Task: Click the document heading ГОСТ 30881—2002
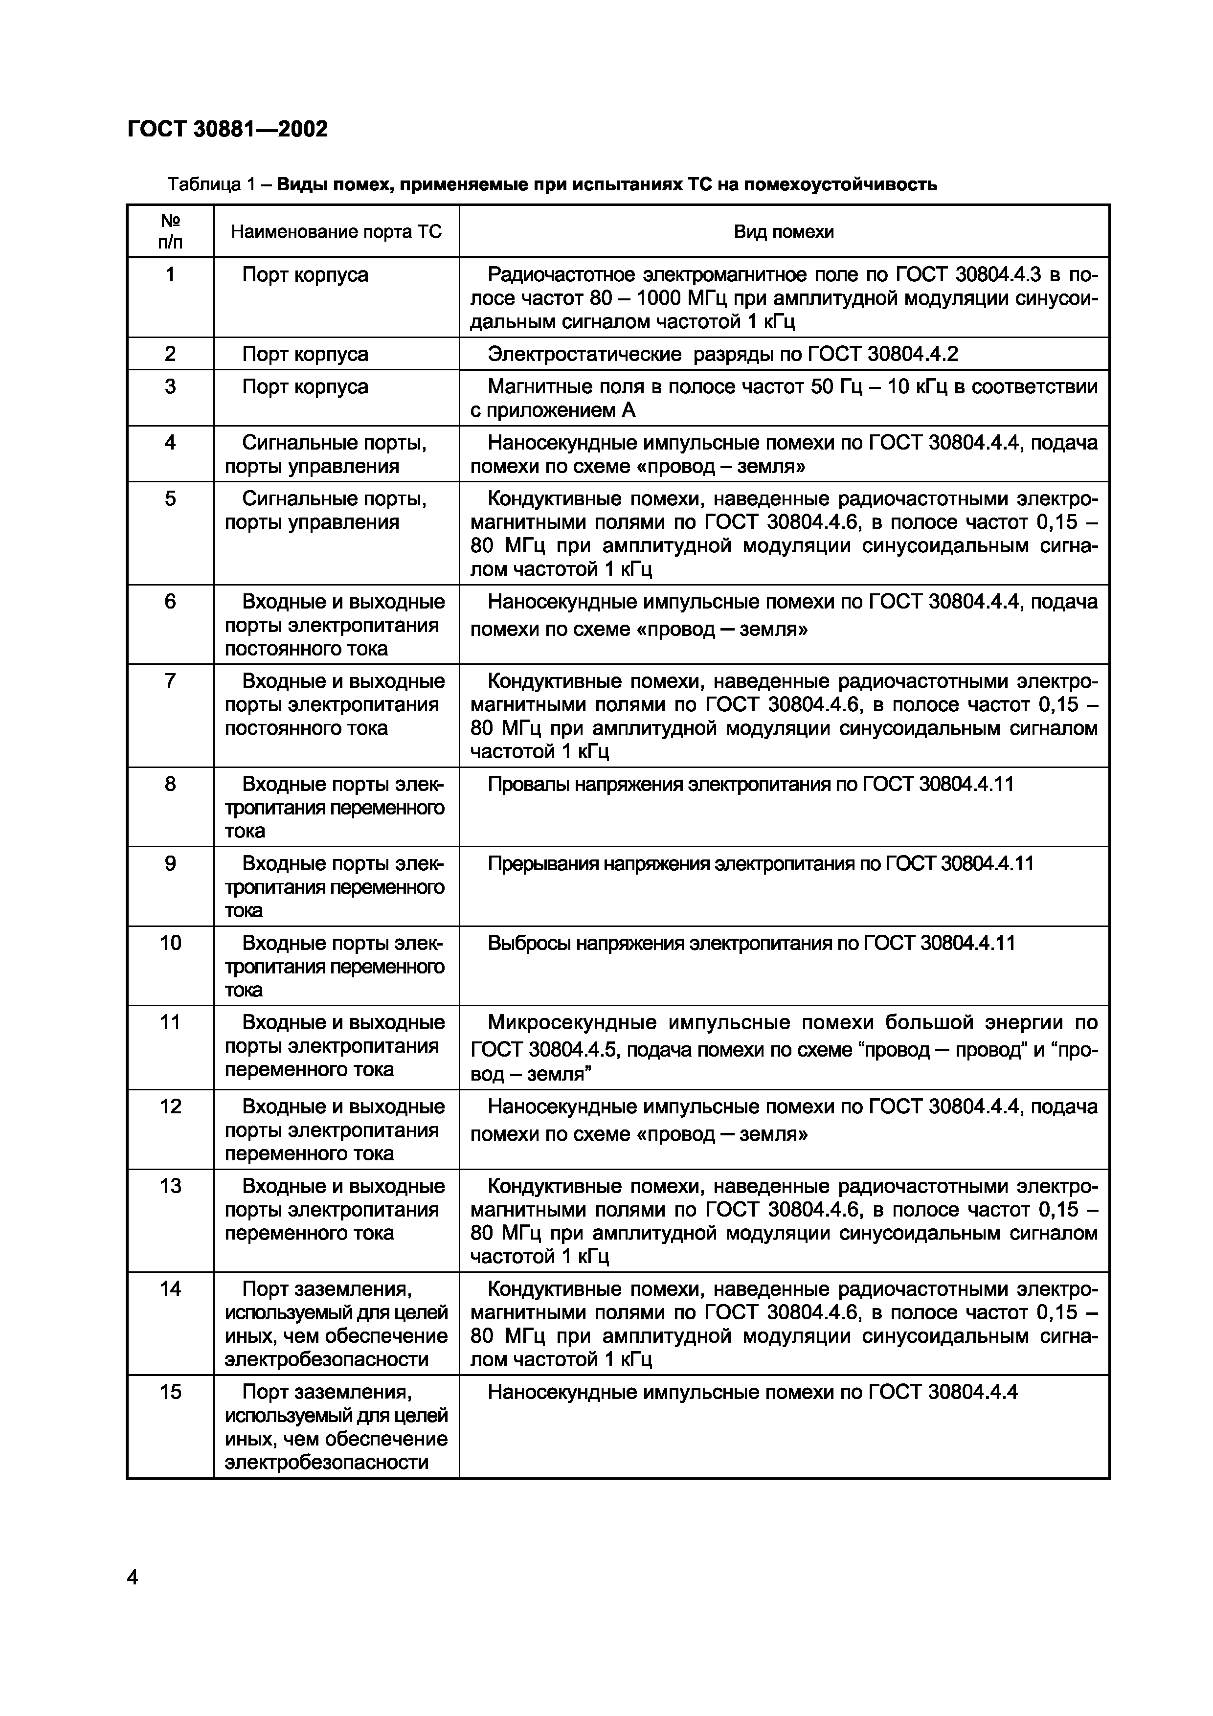click(x=228, y=129)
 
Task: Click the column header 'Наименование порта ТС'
click(x=337, y=232)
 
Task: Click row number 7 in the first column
click(x=170, y=681)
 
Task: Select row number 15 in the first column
click(x=170, y=1392)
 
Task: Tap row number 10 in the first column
click(x=170, y=943)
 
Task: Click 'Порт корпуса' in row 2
click(x=305, y=354)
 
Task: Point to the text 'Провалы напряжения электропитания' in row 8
click(x=673, y=784)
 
